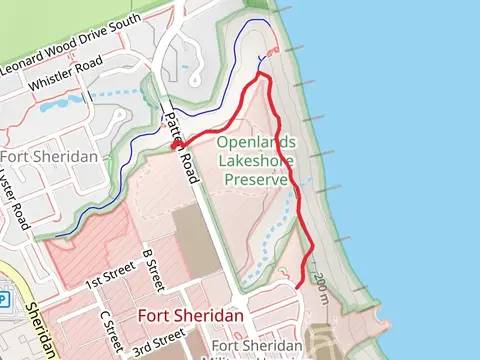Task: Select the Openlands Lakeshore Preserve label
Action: click(x=259, y=161)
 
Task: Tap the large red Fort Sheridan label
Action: click(x=190, y=316)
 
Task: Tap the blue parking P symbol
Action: click(x=3, y=299)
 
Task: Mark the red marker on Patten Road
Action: click(x=176, y=146)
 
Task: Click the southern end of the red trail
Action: click(x=298, y=286)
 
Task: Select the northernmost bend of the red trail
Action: click(x=261, y=72)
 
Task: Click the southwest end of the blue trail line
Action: click(x=57, y=236)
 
